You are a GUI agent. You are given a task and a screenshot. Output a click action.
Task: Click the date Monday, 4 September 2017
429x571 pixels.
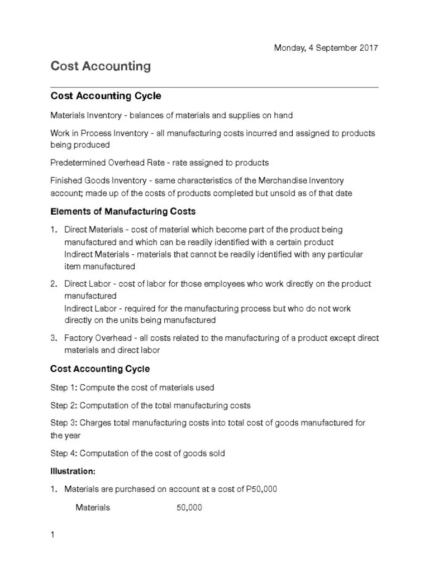tap(326, 48)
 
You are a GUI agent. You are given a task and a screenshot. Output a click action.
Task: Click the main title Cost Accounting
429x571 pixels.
tap(101, 66)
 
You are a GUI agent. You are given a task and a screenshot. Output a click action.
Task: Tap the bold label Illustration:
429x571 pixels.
tap(73, 471)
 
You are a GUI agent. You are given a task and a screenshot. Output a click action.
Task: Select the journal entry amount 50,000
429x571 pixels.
tap(189, 507)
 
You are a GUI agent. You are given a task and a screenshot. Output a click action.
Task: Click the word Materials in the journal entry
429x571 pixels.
tap(93, 507)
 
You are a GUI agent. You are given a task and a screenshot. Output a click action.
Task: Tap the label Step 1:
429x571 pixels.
tap(66, 387)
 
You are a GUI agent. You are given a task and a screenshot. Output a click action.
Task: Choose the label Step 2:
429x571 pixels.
tap(66, 405)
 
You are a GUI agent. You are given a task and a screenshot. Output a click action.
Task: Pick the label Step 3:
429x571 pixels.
tap(66, 423)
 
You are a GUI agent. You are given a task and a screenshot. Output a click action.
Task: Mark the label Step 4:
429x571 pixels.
tap(66, 453)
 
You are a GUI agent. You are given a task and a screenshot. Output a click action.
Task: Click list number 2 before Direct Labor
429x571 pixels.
tap(54, 284)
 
